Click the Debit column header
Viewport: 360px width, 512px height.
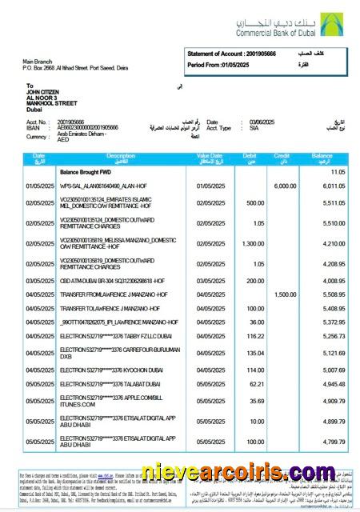(250, 157)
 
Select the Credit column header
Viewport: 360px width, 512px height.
(282, 157)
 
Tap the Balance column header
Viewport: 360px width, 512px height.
(322, 157)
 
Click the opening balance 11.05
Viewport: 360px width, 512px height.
(337, 172)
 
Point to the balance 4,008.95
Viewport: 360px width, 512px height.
(331, 282)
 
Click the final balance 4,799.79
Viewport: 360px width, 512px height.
(331, 441)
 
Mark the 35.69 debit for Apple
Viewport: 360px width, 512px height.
(254, 401)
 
